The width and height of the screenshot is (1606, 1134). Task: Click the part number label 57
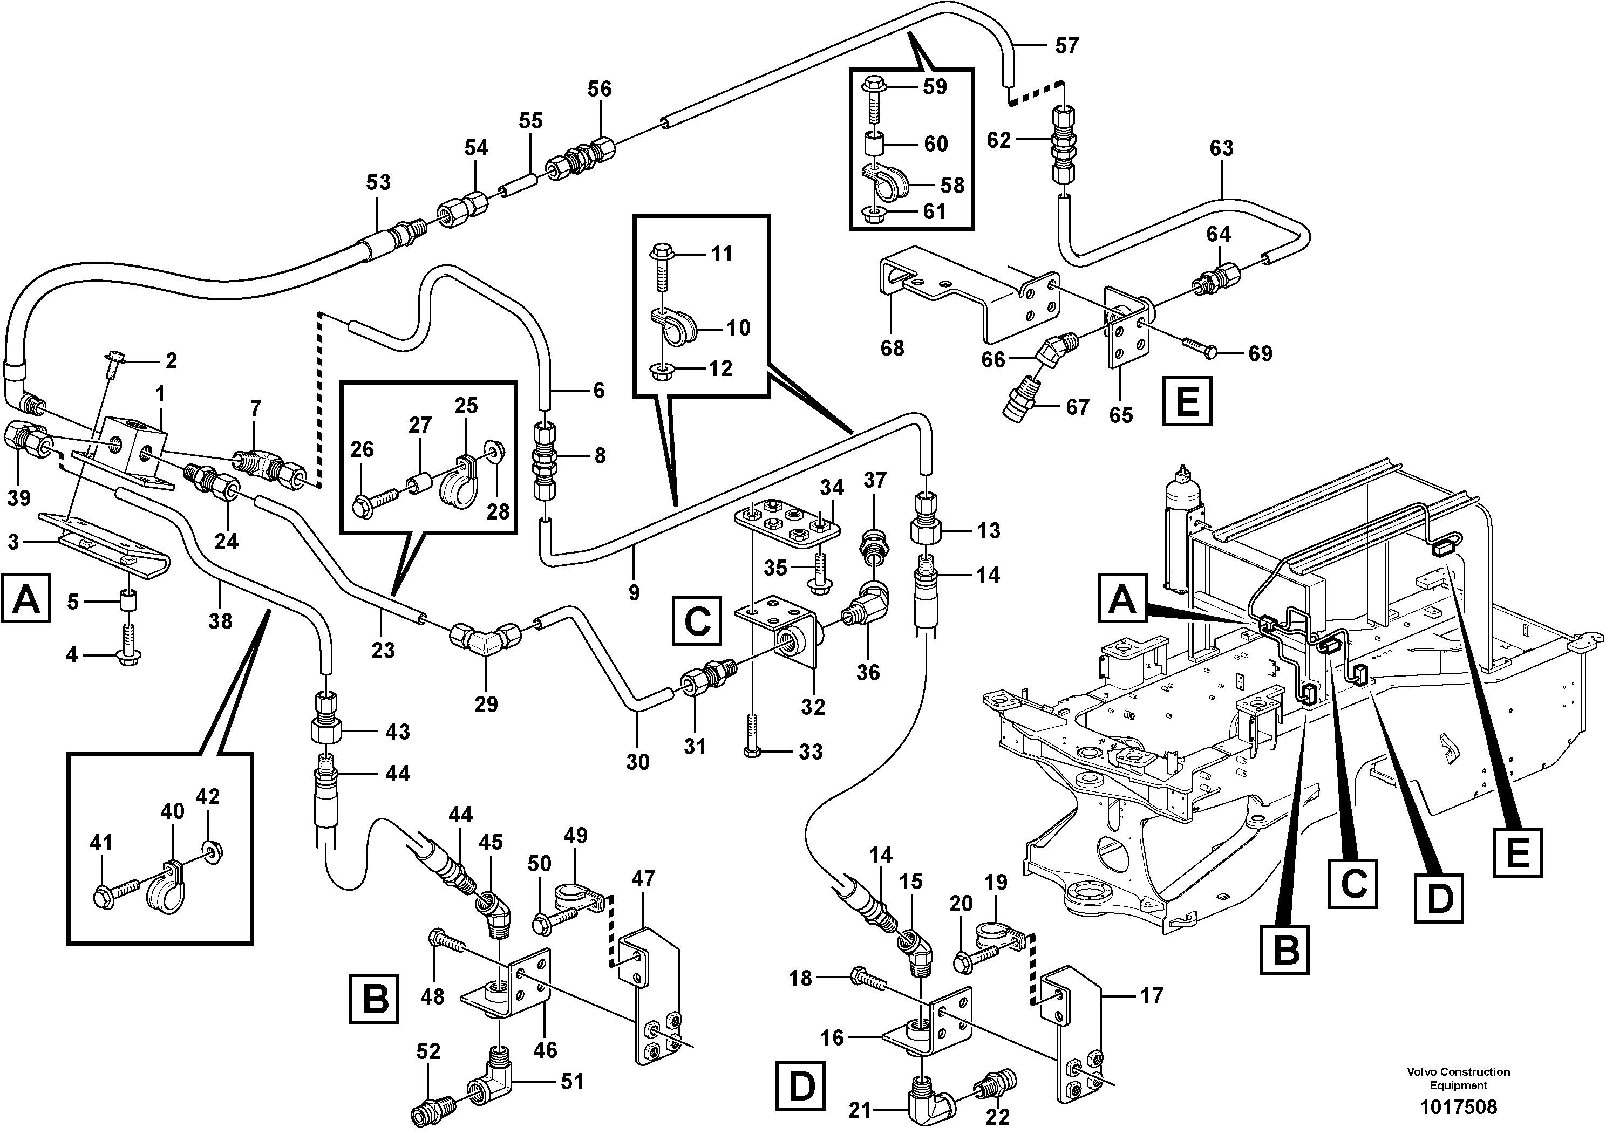pos(1067,46)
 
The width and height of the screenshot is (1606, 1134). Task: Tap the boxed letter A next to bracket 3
pos(26,598)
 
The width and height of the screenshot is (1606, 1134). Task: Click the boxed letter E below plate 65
pos(1187,401)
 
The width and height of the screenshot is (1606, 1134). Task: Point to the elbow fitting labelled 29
pos(484,638)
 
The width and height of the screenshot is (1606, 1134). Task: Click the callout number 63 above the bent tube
pos(1221,148)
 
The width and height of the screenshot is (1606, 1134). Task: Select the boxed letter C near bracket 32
pos(696,620)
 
